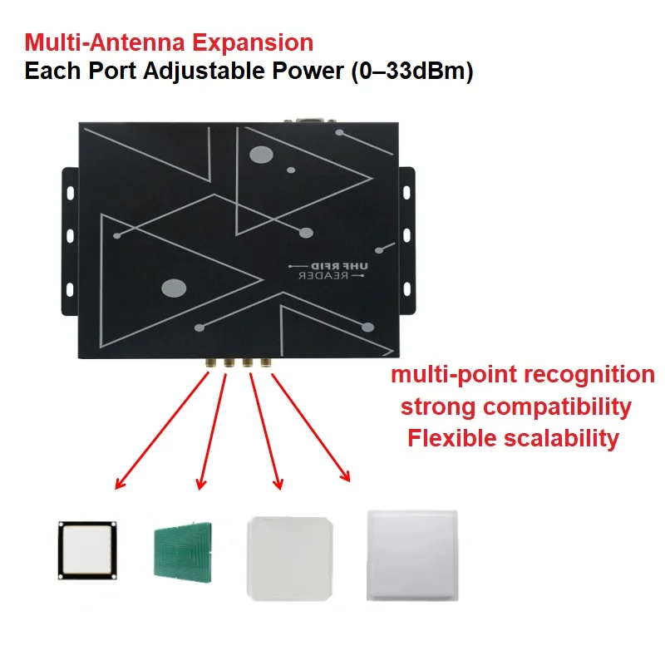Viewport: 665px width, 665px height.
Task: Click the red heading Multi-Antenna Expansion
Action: point(169,42)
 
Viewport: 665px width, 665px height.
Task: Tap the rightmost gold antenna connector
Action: point(266,362)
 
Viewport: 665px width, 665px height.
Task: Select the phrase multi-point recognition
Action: point(523,375)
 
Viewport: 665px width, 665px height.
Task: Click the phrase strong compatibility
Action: point(515,407)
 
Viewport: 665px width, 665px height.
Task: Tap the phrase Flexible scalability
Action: point(513,439)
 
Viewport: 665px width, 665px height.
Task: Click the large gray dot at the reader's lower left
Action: point(173,288)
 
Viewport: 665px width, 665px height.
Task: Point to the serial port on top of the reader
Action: point(308,119)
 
